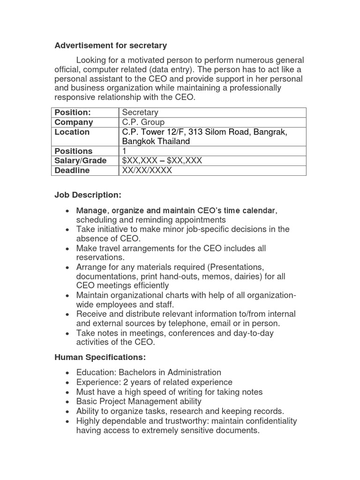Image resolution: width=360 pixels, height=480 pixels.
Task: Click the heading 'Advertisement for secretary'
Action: (111, 45)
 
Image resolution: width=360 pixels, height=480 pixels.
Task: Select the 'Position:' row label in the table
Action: (72, 112)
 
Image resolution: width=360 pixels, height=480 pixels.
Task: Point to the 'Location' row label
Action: (72, 132)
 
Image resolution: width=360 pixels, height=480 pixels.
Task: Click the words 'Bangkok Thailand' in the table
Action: (156, 142)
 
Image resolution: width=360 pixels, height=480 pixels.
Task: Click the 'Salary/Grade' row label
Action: (81, 161)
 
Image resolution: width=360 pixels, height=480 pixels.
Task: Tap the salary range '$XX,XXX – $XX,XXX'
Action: (162, 161)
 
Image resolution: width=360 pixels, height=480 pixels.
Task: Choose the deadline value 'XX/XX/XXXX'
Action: (147, 171)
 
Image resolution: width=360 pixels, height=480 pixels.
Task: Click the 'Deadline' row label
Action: (72, 171)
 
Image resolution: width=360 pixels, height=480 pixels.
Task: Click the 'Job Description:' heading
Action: (88, 195)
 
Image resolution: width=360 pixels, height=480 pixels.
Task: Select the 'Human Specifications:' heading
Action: (100, 357)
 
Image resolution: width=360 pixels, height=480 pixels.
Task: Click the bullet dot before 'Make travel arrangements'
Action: (68, 249)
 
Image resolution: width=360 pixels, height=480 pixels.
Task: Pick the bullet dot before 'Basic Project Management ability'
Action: (68, 402)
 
